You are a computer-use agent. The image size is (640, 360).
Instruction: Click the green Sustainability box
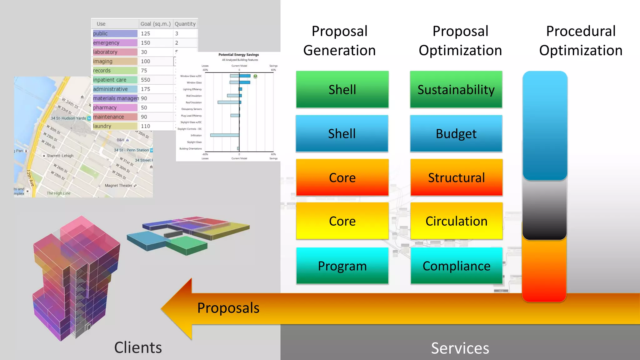[456, 90]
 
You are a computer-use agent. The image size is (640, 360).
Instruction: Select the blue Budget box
[456, 134]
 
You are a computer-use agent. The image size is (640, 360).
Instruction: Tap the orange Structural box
[456, 177]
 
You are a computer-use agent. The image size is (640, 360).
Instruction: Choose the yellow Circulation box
[456, 221]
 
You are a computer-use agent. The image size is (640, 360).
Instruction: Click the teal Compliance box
[456, 266]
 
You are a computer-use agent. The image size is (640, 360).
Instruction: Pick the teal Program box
[342, 266]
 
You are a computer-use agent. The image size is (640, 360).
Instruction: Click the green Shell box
[342, 90]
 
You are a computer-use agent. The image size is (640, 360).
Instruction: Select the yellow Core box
[342, 221]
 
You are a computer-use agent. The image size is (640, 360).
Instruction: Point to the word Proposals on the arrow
[228, 308]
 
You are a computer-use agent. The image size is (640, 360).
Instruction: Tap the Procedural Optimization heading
[581, 41]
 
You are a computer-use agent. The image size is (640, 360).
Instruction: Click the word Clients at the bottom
[138, 347]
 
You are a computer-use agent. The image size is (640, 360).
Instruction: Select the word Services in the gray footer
[460, 348]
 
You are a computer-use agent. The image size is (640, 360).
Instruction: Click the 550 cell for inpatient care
[146, 80]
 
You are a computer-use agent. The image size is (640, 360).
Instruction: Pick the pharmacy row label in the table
[105, 107]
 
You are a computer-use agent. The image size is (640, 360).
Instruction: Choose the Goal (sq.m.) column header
[156, 24]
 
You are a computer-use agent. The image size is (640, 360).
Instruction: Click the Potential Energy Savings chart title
[238, 55]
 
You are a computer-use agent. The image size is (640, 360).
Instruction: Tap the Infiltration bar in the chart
[225, 135]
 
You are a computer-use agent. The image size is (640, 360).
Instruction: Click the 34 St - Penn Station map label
[131, 150]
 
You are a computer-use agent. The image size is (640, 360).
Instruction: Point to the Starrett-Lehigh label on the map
[60, 156]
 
